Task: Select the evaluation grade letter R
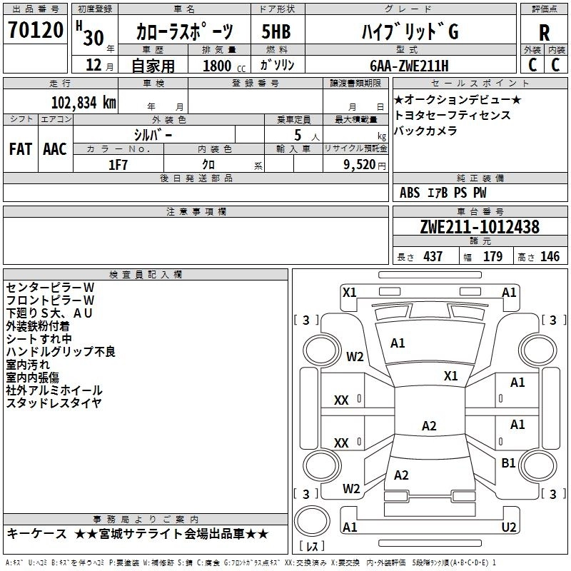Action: pyautogui.click(x=544, y=33)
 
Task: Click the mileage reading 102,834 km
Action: pyautogui.click(x=84, y=102)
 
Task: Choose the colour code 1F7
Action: pyautogui.click(x=118, y=164)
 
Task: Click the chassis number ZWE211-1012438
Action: pyautogui.click(x=479, y=228)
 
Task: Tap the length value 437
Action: pyautogui.click(x=433, y=257)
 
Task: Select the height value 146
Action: pyautogui.click(x=550, y=257)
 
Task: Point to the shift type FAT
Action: pyautogui.click(x=20, y=149)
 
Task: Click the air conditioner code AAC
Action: pyautogui.click(x=55, y=149)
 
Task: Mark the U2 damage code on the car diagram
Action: pyautogui.click(x=509, y=527)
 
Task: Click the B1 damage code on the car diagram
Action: pyautogui.click(x=508, y=463)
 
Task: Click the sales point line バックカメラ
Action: pyautogui.click(x=425, y=131)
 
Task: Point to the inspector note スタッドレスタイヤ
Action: pyautogui.click(x=54, y=403)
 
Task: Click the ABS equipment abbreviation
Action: pyautogui.click(x=410, y=193)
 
